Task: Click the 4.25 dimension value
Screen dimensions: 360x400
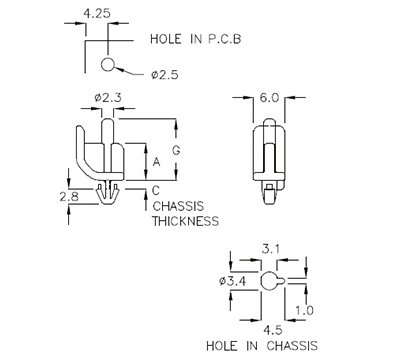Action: coord(97,14)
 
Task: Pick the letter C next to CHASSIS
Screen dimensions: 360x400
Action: coord(155,190)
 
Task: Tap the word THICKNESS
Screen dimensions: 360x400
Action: coord(184,221)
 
